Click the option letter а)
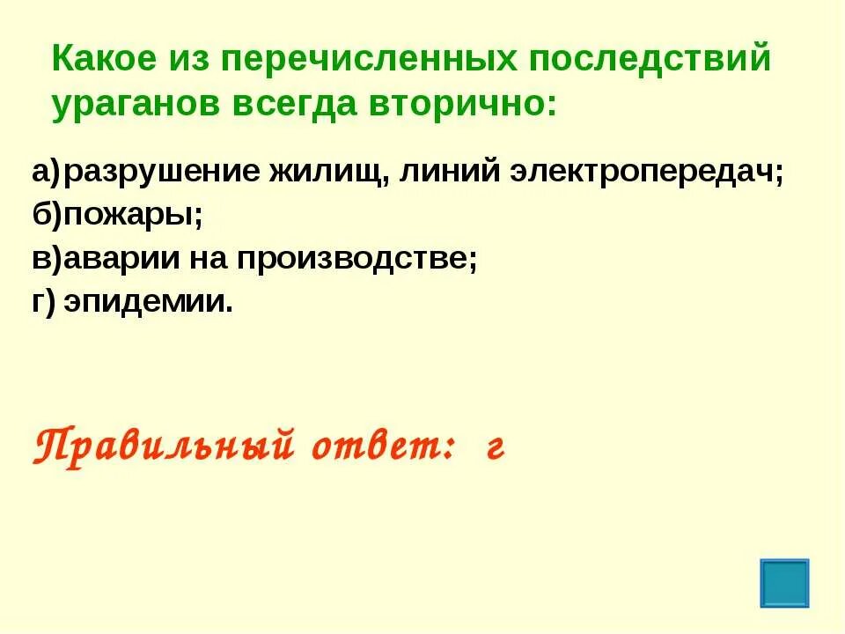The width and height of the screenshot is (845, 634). (x=46, y=172)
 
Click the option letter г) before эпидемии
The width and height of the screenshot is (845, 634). (x=44, y=302)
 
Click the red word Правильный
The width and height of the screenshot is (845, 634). (x=163, y=444)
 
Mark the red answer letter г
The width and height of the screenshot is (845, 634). (x=495, y=446)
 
